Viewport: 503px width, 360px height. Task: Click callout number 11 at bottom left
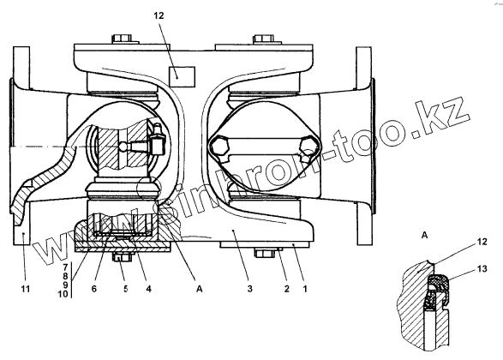pos(26,289)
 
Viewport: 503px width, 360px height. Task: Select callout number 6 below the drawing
pos(94,289)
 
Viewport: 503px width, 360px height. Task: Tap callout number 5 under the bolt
pos(126,289)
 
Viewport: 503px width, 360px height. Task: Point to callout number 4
pos(148,289)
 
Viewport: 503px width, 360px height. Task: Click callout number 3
pos(250,289)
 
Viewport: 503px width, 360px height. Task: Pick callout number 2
pos(286,289)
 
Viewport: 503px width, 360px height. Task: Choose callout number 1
pos(305,289)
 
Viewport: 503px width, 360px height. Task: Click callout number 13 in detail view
pos(482,268)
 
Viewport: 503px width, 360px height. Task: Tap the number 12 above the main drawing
pos(159,15)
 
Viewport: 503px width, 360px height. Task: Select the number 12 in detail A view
pos(482,241)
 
